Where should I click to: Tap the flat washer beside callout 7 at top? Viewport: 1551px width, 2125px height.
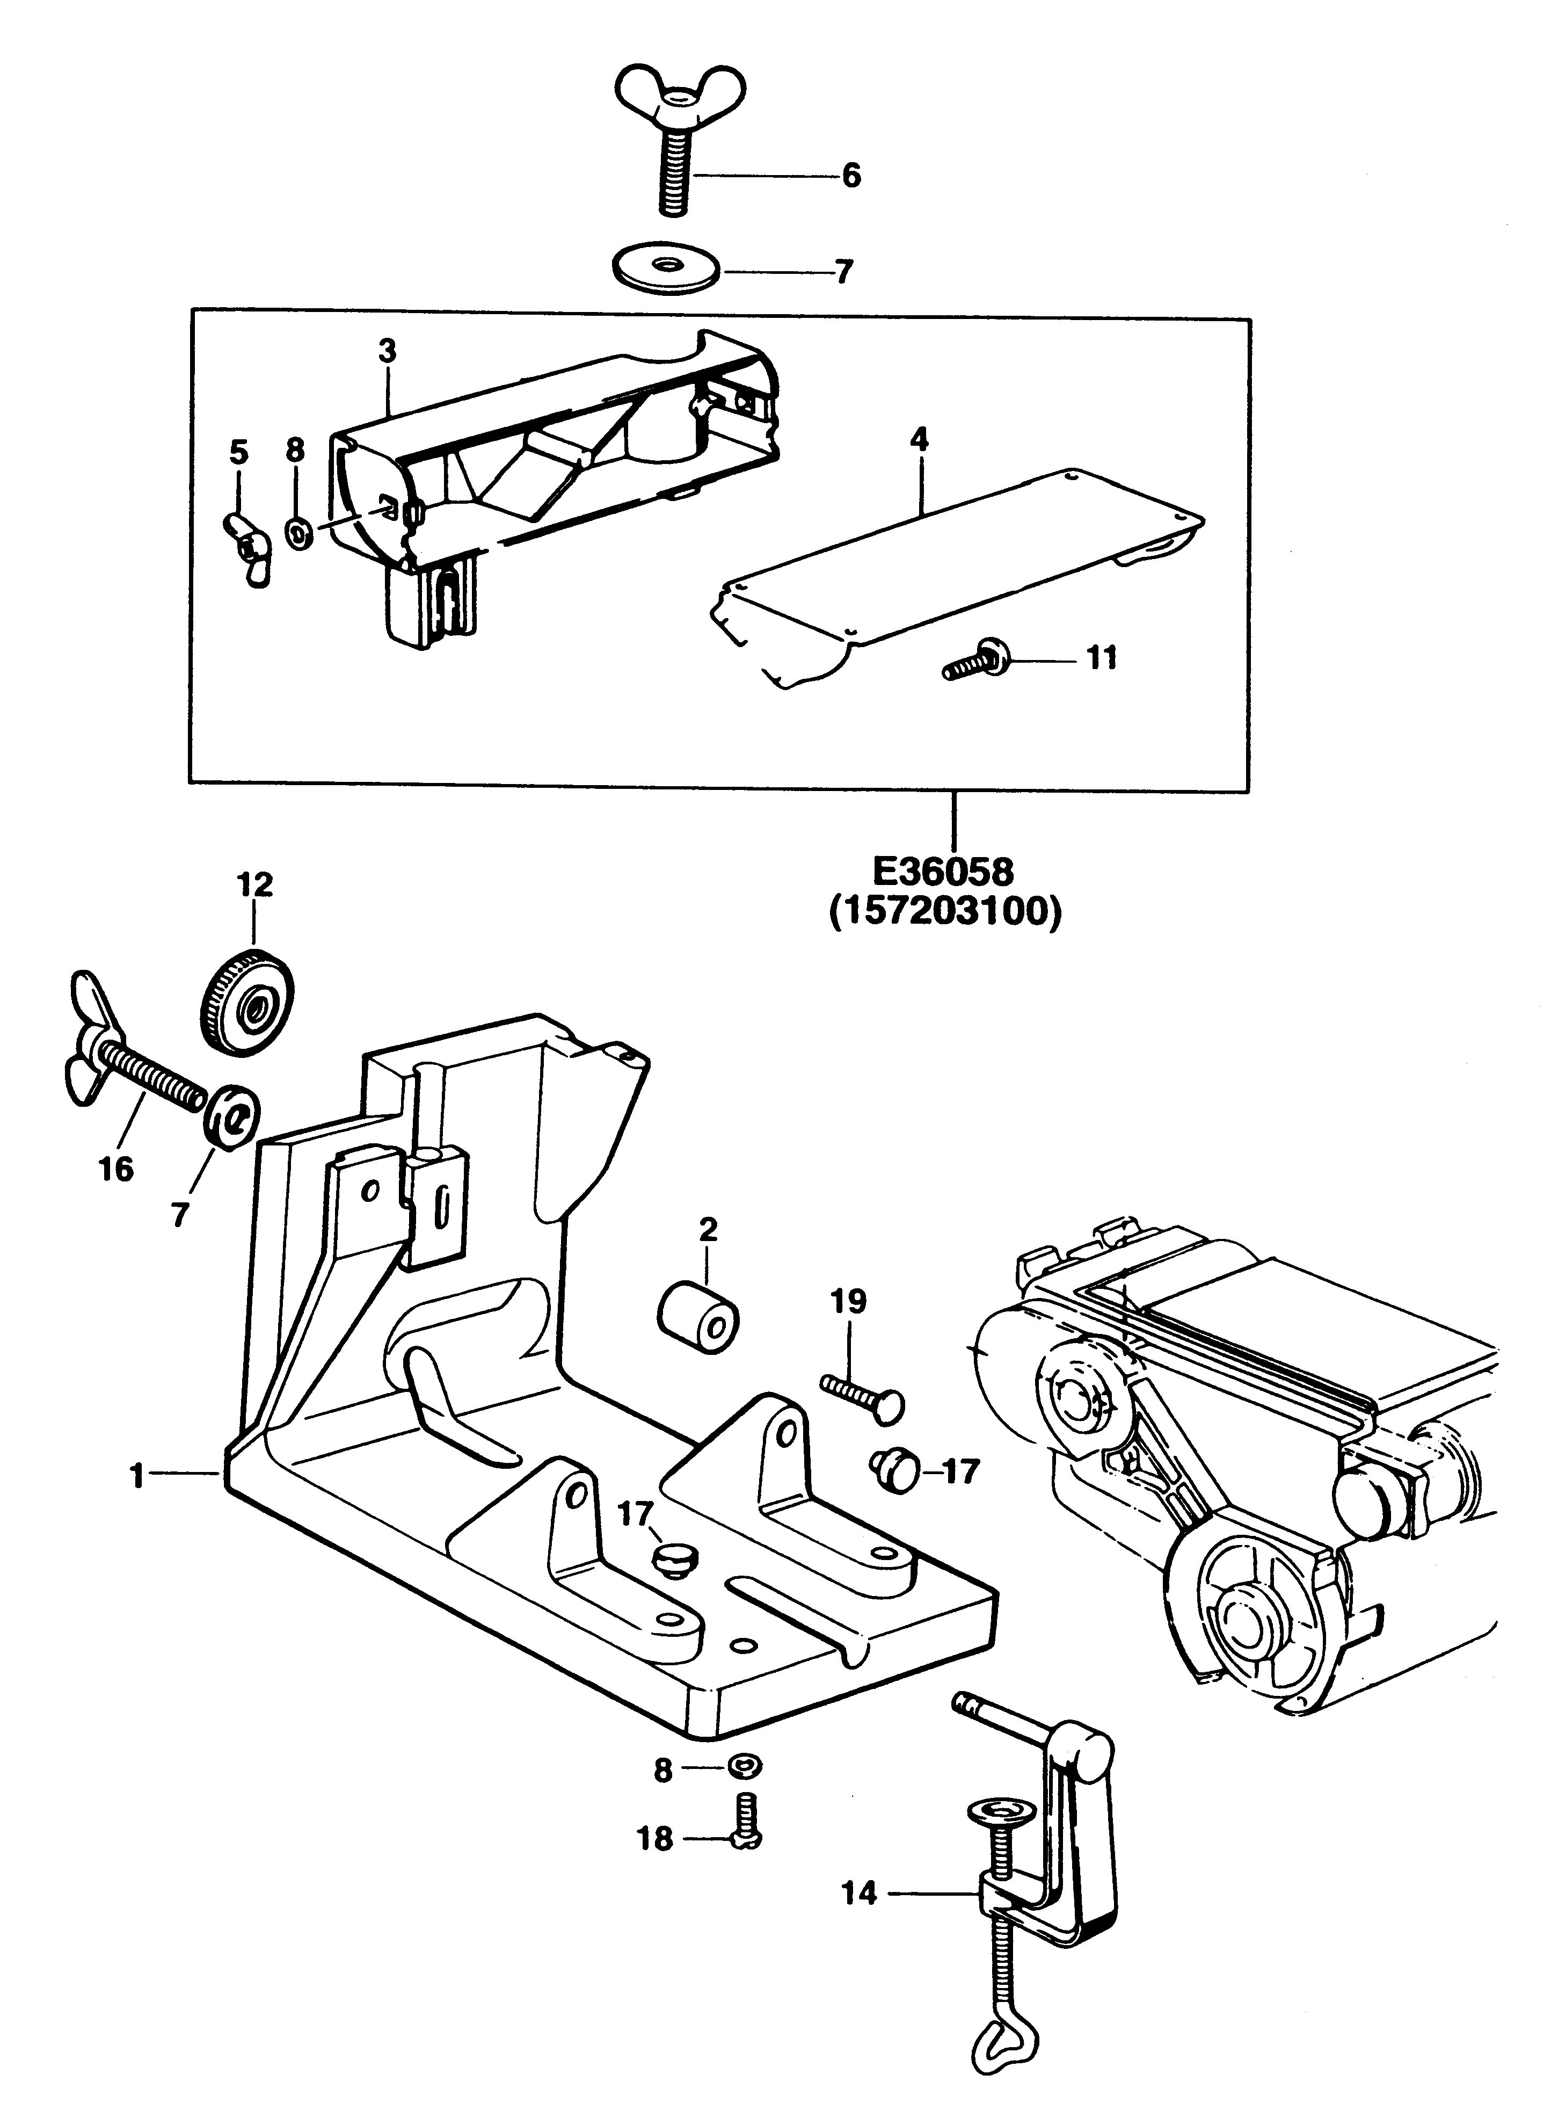pyautogui.click(x=667, y=270)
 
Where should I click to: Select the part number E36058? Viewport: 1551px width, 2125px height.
pyautogui.click(x=944, y=872)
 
